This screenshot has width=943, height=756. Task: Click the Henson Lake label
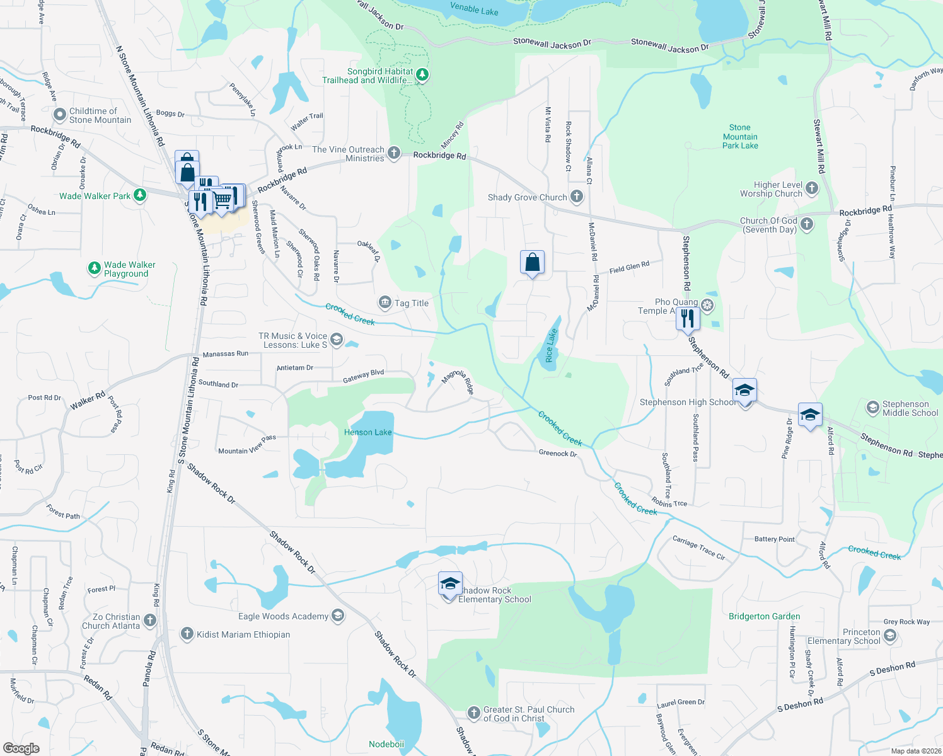367,432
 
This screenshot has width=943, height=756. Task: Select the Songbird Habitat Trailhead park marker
422,76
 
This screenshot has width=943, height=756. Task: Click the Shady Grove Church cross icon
577,197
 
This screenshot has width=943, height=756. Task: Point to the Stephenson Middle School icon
872,408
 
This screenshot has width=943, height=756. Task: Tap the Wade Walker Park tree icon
140,195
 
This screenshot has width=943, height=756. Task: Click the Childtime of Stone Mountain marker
60,115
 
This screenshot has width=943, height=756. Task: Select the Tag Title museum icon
385,303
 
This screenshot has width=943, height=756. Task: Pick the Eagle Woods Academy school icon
338,616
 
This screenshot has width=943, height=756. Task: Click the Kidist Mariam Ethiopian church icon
187,634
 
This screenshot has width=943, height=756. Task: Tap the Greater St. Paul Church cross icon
474,713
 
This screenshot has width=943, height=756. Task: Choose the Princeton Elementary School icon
890,636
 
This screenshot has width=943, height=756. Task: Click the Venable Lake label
474,9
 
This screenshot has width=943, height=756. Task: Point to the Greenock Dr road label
558,453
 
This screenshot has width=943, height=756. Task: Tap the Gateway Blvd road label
363,376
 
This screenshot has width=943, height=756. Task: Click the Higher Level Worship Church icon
812,188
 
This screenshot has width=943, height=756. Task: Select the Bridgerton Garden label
764,616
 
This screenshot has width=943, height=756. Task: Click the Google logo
21,748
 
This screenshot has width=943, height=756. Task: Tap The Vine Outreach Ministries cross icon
394,153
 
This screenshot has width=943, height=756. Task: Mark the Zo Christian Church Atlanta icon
150,621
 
